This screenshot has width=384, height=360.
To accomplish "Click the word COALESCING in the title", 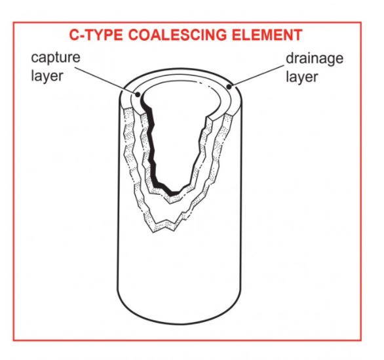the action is click(x=178, y=35).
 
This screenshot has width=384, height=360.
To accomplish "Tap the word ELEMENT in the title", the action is click(x=267, y=35).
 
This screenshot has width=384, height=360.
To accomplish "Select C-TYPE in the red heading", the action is click(x=96, y=35).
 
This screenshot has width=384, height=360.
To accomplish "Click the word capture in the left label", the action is click(x=56, y=58).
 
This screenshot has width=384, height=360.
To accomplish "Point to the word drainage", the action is click(x=315, y=58).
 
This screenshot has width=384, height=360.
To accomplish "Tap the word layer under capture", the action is click(x=47, y=75).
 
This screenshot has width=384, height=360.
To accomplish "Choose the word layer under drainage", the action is click(x=301, y=77).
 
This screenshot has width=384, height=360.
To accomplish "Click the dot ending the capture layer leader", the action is click(x=138, y=94).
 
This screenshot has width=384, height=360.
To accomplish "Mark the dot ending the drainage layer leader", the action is click(x=229, y=87).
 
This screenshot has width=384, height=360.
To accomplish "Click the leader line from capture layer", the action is click(x=106, y=81).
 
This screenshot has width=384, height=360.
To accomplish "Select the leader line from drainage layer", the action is click(x=256, y=75).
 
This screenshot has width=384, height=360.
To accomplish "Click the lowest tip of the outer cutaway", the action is click(x=154, y=232).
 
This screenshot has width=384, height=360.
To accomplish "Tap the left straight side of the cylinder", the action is click(x=119, y=196).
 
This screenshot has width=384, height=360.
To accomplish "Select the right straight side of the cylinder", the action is click(x=242, y=196).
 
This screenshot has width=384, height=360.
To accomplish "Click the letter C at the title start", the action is click(x=73, y=35).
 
